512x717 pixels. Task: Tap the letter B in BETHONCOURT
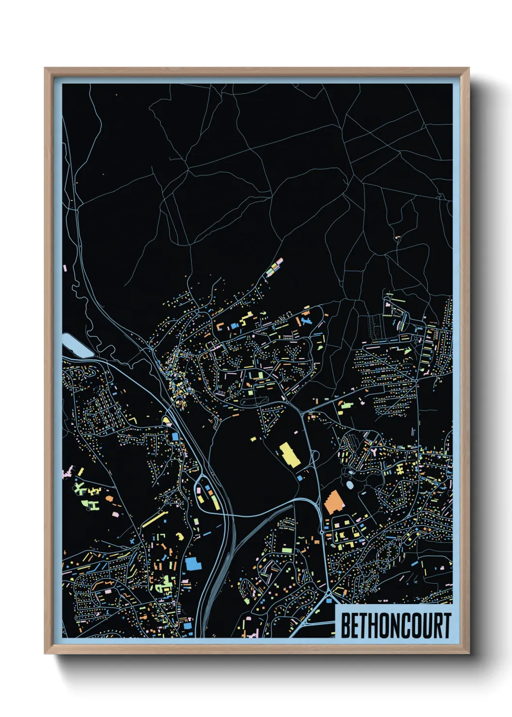pyautogui.click(x=346, y=625)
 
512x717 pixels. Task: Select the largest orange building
pyautogui.click(x=333, y=502)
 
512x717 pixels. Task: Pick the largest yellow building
pyautogui.click(x=290, y=454)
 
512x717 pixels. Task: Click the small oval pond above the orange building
pyautogui.click(x=350, y=484)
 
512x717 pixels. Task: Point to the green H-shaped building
pyautogui.click(x=92, y=505)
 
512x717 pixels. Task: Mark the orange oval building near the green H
pyautogui.click(x=108, y=498)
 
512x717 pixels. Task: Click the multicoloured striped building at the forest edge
pyautogui.click(x=274, y=267)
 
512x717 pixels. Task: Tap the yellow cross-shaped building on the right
pyautogui.click(x=400, y=469)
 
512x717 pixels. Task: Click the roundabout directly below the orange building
pyautogui.click(x=322, y=532)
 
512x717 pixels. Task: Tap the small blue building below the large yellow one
pyautogui.click(x=300, y=478)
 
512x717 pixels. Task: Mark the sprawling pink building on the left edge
pyautogui.click(x=68, y=471)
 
